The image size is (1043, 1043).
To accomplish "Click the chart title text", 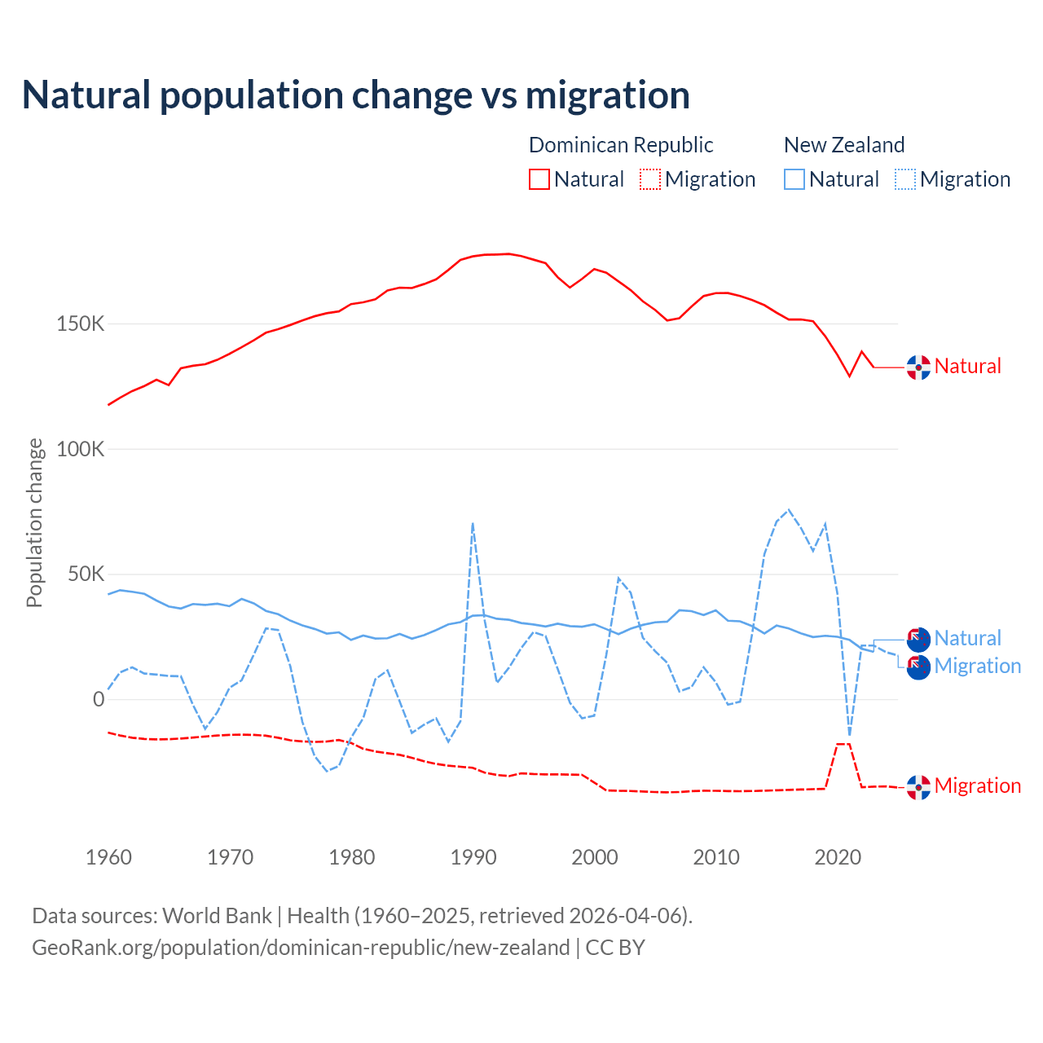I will pos(355,95).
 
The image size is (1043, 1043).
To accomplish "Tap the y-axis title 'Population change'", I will pos(34,522).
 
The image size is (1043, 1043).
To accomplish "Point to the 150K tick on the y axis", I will pos(81,324).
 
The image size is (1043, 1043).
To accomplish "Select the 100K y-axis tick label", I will pos(81,449).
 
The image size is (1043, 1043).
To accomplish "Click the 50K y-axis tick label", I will pos(86,574).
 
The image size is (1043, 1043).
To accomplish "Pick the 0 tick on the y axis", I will pos(99,699).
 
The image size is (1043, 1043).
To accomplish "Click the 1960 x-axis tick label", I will pos(108,857).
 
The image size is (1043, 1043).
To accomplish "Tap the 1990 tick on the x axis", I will pos(473,857).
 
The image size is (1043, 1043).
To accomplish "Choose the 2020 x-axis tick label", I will pos(838,857).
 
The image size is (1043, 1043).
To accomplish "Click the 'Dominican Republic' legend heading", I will pos(621,145).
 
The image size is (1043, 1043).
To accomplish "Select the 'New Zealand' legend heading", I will pos(844,145).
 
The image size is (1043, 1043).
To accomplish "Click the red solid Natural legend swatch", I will pos(539,179).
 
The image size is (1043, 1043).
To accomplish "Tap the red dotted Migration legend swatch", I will pos(650,179).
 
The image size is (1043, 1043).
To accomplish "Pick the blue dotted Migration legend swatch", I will pos(905,179).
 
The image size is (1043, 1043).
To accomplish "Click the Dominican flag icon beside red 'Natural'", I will pos(918,367).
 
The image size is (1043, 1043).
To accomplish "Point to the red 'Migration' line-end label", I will pos(977,786).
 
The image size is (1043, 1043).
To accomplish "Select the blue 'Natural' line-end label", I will pos(967,638).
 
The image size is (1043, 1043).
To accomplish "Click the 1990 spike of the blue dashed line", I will pos(473,524).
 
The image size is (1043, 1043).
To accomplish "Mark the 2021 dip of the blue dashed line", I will pos(850,734).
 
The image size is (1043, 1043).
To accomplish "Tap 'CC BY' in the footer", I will pos(615,948).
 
